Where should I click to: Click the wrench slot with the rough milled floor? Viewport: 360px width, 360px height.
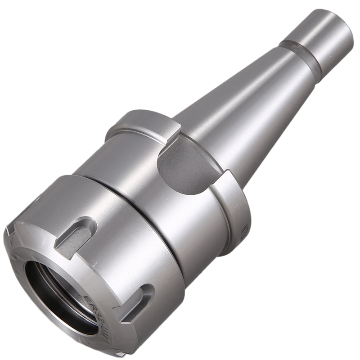click(x=75, y=236)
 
